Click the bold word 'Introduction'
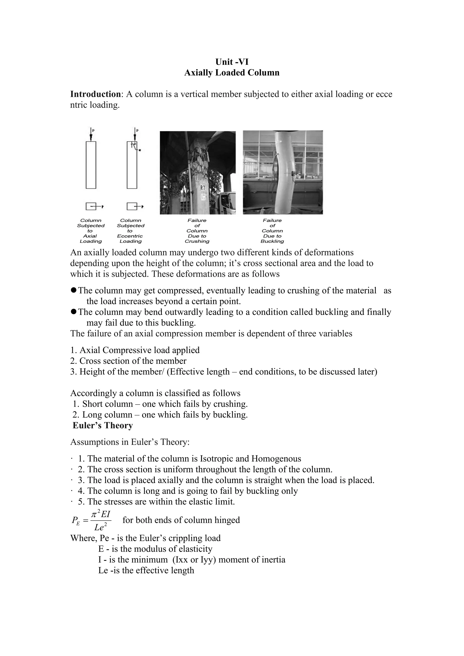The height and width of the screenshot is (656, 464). click(95, 94)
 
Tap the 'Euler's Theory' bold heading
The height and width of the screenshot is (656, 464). click(103, 425)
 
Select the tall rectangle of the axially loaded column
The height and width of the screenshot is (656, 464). click(91, 165)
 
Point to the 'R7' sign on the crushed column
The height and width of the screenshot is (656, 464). click(202, 188)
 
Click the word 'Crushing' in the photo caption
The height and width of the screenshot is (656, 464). click(197, 241)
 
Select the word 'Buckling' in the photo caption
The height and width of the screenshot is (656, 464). click(272, 241)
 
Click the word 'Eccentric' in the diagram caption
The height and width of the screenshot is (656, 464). click(130, 236)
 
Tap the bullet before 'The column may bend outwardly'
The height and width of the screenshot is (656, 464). click(73, 312)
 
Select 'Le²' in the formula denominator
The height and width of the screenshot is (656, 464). click(101, 527)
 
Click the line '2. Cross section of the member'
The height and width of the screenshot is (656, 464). click(128, 361)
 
